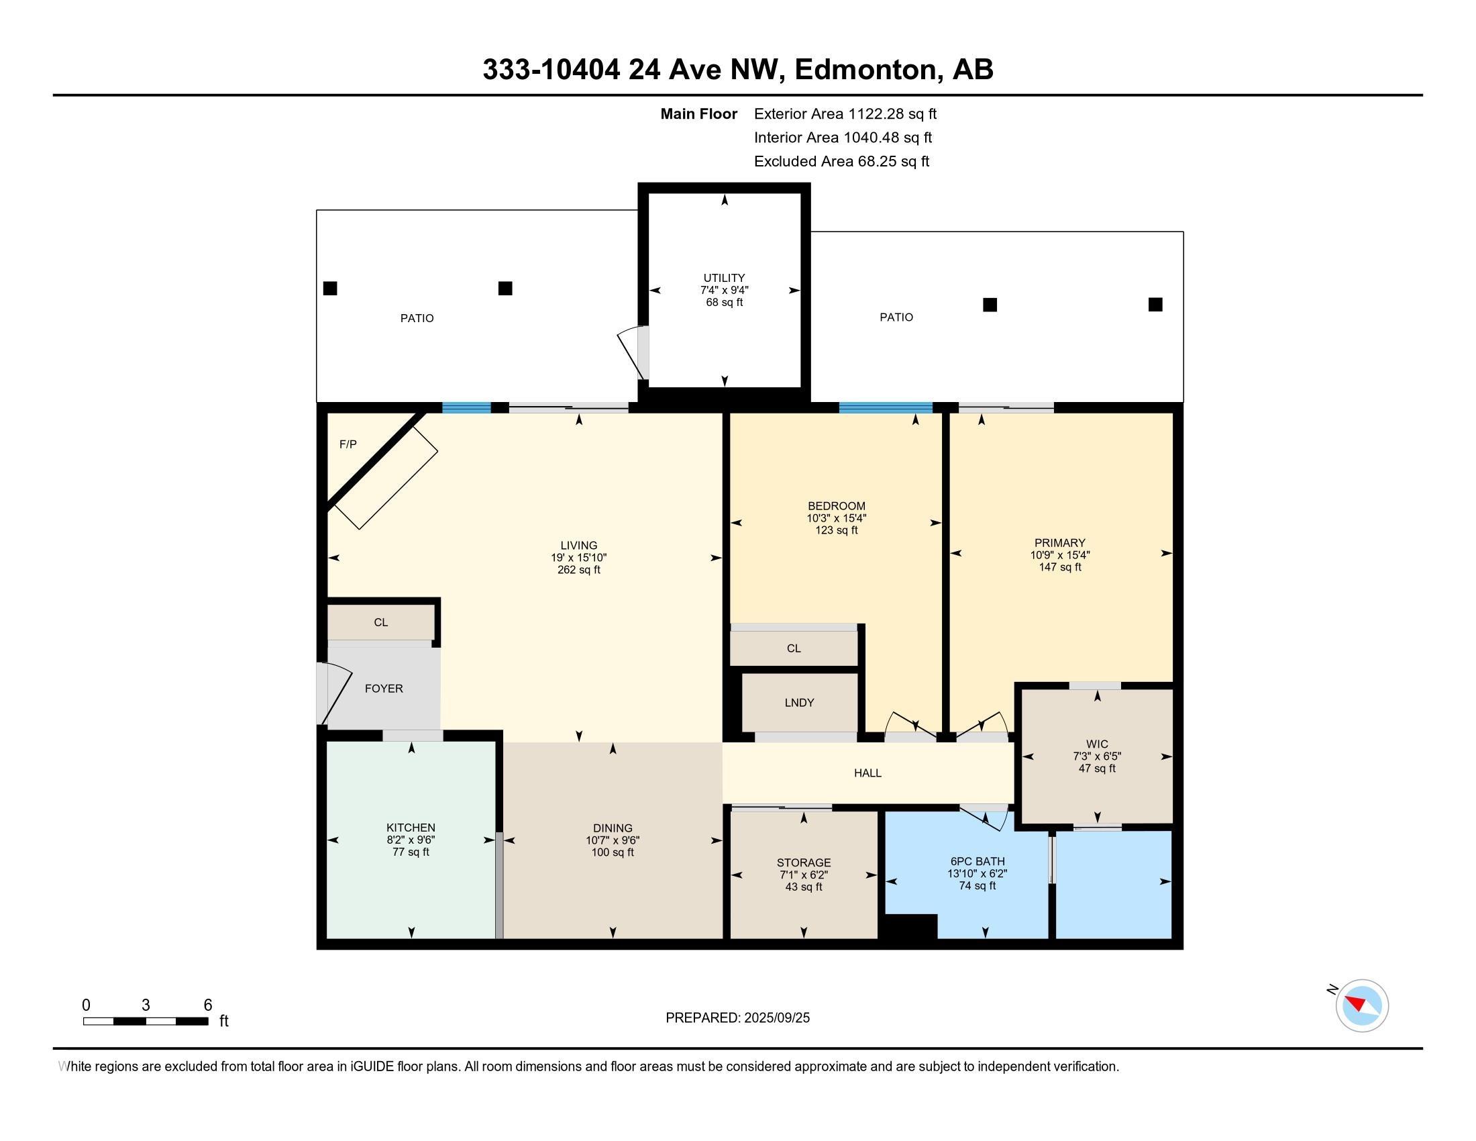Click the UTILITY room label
(724, 278)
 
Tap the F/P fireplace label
(348, 444)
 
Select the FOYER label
(384, 688)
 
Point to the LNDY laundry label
(800, 702)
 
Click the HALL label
(867, 773)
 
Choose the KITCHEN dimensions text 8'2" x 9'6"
(411, 840)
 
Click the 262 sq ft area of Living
(579, 570)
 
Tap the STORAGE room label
(804, 862)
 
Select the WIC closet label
(1098, 744)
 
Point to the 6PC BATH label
(978, 861)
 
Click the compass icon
(1362, 1005)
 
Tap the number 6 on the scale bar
(208, 1005)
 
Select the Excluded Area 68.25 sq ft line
(841, 162)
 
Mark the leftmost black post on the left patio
(330, 288)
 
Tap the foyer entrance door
(334, 693)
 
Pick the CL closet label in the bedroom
(794, 648)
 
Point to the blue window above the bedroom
(886, 407)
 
